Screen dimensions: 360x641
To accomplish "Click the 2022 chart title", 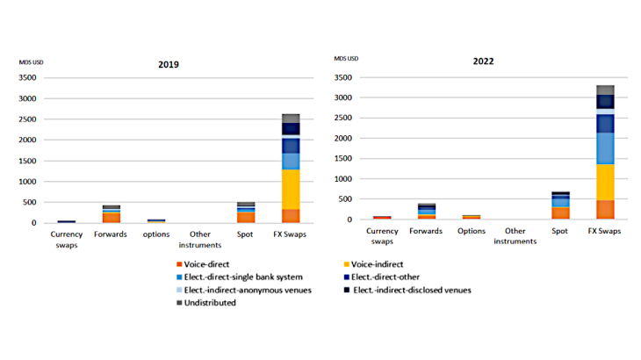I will pyautogui.click(x=483, y=62).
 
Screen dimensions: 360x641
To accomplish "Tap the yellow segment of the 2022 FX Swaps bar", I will pyautogui.click(x=606, y=182).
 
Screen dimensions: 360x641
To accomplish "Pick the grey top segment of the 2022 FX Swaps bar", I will pyautogui.click(x=606, y=90).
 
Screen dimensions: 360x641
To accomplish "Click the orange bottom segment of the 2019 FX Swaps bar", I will pyautogui.click(x=291, y=215).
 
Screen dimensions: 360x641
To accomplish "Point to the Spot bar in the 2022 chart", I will pyautogui.click(x=560, y=205).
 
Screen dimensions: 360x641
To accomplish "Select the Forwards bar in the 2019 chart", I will pyautogui.click(x=111, y=214).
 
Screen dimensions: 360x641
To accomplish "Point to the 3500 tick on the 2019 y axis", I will pyautogui.click(x=27, y=78).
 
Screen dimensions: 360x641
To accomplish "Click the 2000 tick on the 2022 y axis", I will pyautogui.click(x=342, y=138).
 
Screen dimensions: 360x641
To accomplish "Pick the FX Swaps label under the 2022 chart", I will pyautogui.click(x=606, y=231).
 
